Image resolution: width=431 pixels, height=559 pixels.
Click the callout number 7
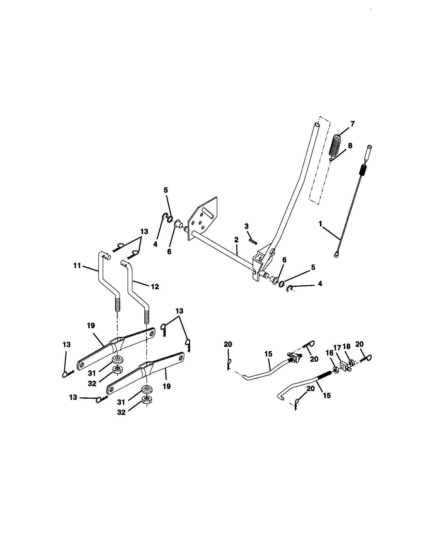352,124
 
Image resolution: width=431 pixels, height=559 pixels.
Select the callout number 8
350,146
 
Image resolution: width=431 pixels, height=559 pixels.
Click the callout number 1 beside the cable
320,224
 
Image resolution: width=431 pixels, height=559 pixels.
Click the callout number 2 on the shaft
236,240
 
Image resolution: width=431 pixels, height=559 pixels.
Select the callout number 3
247,226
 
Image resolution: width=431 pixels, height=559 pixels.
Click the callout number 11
77,266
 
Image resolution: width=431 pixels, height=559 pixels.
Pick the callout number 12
155,286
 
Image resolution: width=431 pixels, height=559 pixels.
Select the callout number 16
330,353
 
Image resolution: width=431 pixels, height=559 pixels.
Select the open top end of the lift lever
317,125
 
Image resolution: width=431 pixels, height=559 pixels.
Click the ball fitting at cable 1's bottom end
336,254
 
